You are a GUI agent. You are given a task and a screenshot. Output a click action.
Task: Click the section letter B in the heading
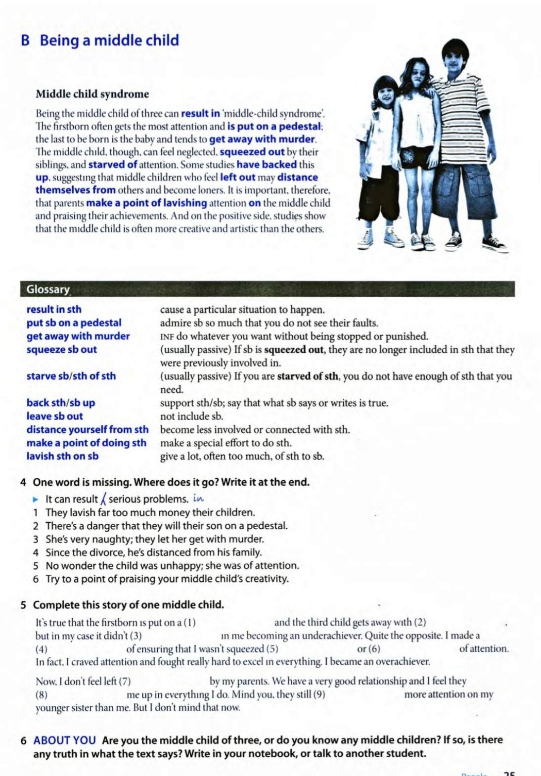coord(25,41)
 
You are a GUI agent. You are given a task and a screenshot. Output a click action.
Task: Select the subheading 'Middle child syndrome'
coord(92,94)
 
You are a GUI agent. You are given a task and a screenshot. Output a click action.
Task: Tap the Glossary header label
coord(48,289)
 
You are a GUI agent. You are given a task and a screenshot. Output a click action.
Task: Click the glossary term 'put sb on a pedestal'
coord(74,323)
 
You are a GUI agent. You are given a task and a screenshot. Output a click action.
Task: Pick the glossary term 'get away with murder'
coord(78,336)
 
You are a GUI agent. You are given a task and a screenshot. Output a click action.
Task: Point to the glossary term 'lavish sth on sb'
coord(62,456)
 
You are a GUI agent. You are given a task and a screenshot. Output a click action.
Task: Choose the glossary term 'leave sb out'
coord(54,416)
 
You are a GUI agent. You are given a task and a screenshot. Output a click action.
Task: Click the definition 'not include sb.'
coord(191,416)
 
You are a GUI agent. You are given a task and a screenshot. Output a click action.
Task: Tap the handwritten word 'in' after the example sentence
coord(198,499)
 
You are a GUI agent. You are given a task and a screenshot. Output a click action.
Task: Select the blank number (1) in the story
coord(189,623)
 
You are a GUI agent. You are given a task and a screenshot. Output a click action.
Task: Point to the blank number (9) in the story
coord(319,694)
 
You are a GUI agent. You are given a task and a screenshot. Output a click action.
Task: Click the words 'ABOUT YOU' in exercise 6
coord(64,740)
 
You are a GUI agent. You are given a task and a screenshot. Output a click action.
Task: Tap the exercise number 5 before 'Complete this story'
coord(24,605)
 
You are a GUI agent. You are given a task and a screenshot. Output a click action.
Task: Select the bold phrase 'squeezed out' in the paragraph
coord(252,152)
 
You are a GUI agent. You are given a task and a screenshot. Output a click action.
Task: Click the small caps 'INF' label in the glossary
coord(167,337)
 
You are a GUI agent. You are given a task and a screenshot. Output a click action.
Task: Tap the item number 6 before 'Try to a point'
coord(36,579)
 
